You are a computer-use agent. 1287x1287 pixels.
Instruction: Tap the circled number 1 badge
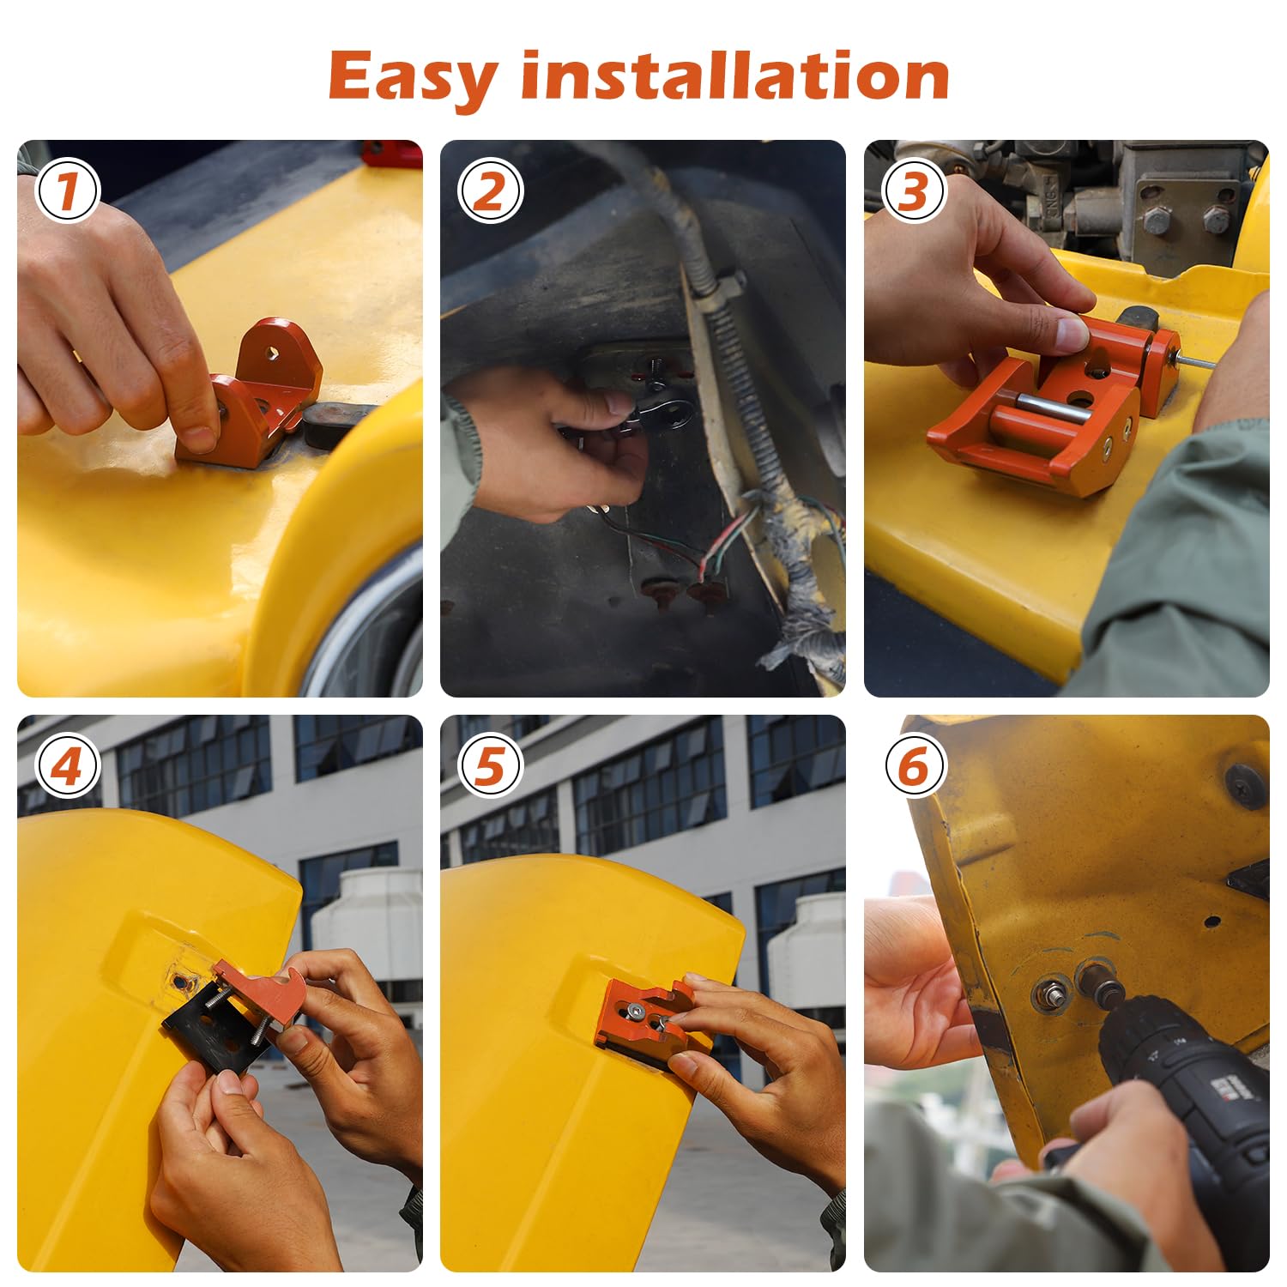[68, 190]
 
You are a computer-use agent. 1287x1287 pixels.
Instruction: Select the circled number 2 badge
[490, 190]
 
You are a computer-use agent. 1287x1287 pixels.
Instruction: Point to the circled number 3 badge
[914, 190]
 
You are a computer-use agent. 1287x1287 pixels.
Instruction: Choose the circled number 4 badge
[68, 765]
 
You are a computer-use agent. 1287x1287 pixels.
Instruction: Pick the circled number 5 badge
[490, 765]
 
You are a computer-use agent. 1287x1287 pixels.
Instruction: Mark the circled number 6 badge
[914, 765]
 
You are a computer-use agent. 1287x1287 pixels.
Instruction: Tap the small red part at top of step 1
[390, 154]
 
